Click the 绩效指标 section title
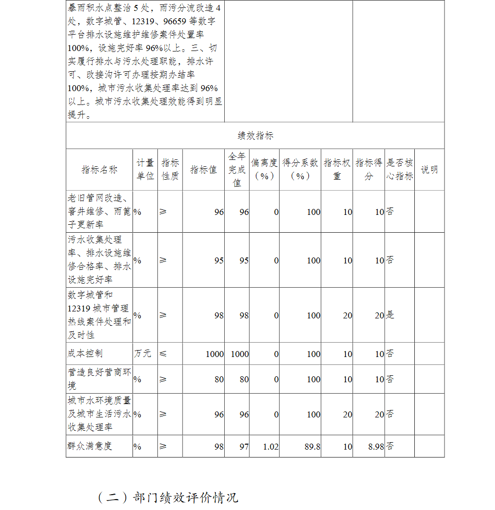(255, 136)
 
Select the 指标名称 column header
(99, 169)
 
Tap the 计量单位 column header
(145, 169)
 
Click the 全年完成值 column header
(237, 169)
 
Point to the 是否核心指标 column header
(399, 169)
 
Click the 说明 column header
(429, 169)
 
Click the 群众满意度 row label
(90, 446)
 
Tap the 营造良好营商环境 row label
(99, 379)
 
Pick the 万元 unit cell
(143, 354)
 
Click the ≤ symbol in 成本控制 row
(163, 354)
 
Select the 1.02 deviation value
(270, 447)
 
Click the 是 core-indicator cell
(390, 315)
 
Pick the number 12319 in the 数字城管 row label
(79, 308)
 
